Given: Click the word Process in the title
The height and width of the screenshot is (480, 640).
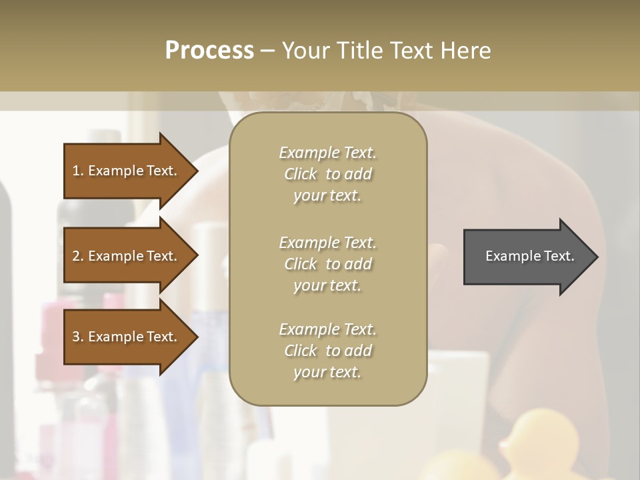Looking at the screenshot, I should pos(209,51).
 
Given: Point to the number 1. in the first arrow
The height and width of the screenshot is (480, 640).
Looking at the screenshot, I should pos(78,171).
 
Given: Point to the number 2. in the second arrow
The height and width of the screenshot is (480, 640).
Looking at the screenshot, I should pos(78,256).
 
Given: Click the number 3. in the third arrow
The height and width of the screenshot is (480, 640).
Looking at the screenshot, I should pos(78,337).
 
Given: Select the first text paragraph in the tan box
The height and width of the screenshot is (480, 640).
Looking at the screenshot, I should pos(327,174).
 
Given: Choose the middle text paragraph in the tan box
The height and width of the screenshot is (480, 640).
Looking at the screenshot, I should pos(327,263).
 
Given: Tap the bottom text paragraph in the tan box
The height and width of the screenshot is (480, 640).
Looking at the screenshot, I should pos(327,351).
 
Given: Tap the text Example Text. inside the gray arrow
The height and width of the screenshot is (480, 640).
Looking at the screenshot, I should pos(529,256).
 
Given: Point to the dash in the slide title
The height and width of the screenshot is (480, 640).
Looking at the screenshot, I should pos(268,51).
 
